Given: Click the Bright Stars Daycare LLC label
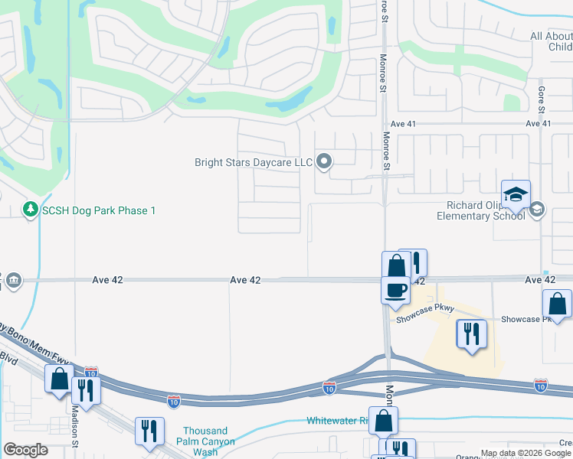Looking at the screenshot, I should coord(254,162).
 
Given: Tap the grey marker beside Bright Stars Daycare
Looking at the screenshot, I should coord(324,161).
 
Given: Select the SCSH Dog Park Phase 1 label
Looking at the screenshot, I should coord(99,210).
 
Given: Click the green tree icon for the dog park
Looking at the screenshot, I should coord(31,209).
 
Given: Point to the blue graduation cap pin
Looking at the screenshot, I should coord(516,194).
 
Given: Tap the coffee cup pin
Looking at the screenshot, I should coord(395,290).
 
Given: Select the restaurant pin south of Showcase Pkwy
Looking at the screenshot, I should coord(471,334).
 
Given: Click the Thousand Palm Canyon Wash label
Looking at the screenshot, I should coord(205,441).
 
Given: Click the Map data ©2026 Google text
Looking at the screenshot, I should coord(526,453).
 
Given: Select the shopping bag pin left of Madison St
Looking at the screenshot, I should coord(59,379).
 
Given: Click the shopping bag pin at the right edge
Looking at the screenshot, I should coord(557,304).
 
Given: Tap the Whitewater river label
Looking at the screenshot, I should coord(337,421).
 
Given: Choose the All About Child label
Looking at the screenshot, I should coord(551,41).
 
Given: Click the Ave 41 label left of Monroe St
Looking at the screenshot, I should coord(402,123).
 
